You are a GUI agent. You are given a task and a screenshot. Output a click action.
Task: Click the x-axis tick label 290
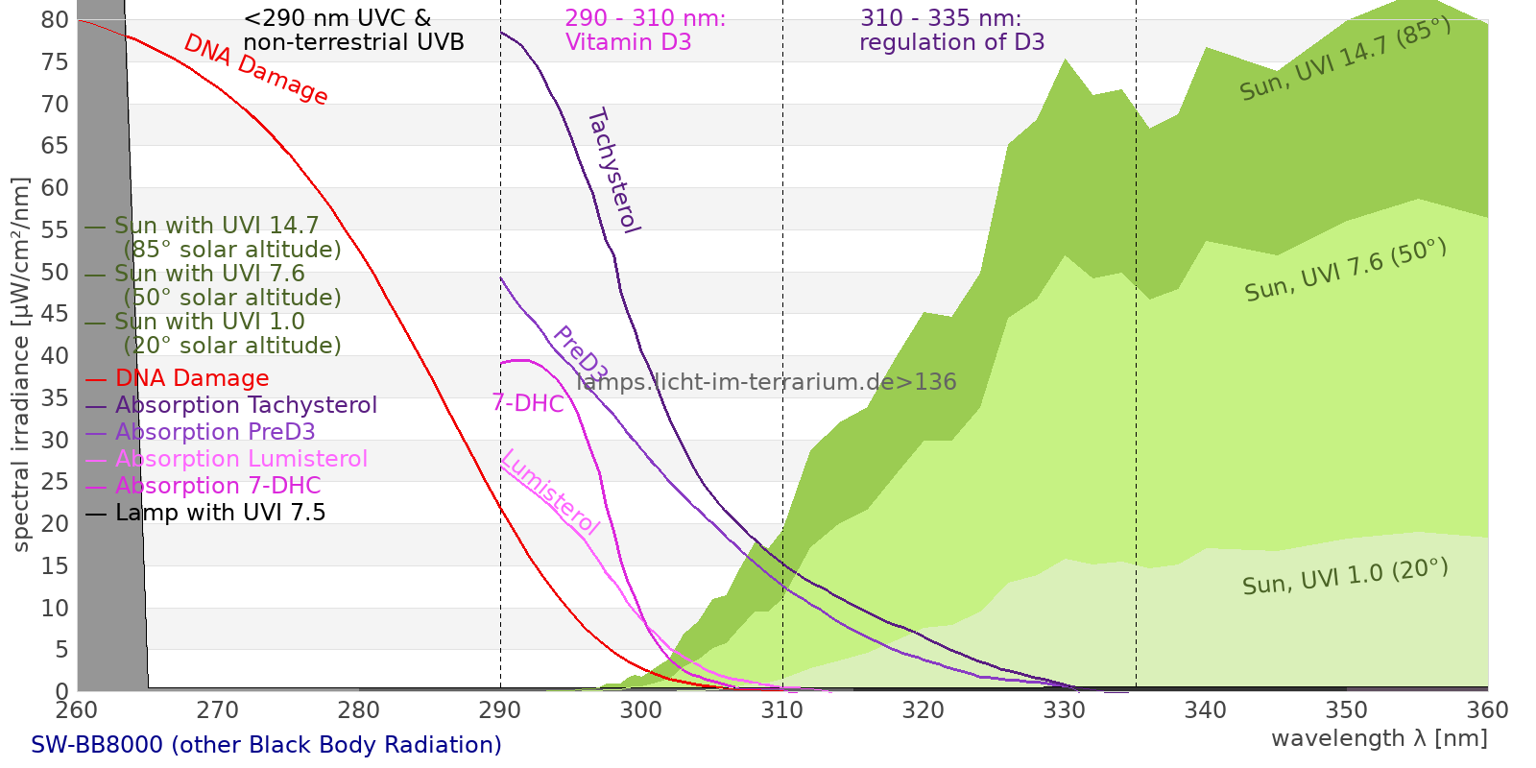(x=499, y=710)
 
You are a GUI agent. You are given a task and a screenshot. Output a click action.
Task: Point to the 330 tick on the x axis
(x=1064, y=710)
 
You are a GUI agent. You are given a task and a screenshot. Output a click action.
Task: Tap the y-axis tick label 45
(x=56, y=314)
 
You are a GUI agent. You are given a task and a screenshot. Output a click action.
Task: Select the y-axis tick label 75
(x=56, y=62)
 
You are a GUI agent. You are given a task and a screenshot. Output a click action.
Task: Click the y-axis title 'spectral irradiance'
(x=21, y=365)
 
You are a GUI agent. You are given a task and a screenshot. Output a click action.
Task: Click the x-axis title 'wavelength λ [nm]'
(x=1379, y=738)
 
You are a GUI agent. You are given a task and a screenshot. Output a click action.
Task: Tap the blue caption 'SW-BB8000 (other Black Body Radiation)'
(x=266, y=745)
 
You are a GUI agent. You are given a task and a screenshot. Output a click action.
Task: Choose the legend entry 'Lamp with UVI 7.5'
(x=220, y=513)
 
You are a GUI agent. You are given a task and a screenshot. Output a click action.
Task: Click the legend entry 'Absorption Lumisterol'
(x=241, y=459)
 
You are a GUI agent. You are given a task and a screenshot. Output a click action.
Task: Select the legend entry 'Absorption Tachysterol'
(x=246, y=405)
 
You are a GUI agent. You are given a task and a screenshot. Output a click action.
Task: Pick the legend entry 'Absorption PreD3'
(x=215, y=432)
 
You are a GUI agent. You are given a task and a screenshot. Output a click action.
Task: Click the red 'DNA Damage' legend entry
(x=192, y=378)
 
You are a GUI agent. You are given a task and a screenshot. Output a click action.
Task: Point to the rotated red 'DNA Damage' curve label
(x=255, y=69)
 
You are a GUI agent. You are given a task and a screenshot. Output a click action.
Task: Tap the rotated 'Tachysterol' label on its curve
(x=612, y=171)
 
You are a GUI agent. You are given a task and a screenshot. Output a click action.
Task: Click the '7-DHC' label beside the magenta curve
(x=528, y=403)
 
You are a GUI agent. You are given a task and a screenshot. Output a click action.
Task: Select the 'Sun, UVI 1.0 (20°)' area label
(x=1344, y=577)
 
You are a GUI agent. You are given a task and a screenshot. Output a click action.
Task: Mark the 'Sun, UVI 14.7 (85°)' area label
(x=1344, y=60)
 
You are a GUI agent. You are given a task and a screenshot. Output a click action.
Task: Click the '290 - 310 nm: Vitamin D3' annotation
(x=645, y=31)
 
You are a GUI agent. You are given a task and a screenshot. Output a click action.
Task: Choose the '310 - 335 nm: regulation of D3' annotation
(x=951, y=31)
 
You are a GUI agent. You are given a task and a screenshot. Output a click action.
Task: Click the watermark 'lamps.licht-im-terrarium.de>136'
(x=766, y=382)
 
